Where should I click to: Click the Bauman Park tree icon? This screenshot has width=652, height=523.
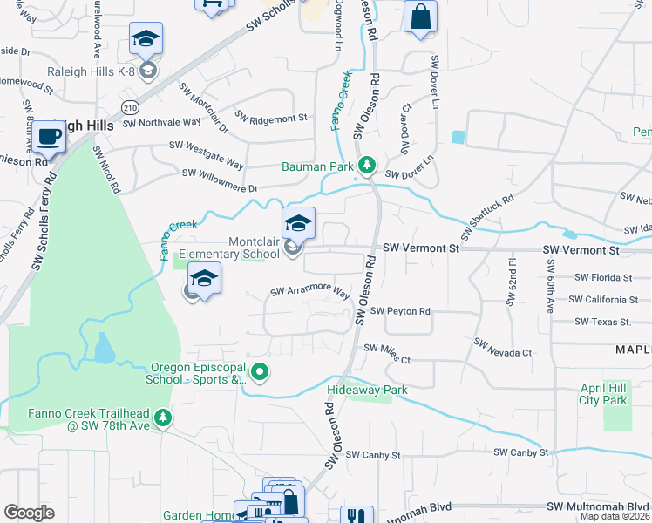pos(368,164)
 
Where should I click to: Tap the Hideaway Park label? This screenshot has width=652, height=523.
pos(367,391)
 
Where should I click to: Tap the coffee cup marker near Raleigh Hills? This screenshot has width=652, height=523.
pos(49,137)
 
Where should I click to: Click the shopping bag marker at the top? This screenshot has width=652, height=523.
pos(420,17)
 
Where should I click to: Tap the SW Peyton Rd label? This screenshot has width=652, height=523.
pos(400,311)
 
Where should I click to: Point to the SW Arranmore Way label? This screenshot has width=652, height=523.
pos(309,293)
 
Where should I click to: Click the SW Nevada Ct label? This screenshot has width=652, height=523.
pos(502,348)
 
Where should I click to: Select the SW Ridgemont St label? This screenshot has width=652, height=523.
pos(271,118)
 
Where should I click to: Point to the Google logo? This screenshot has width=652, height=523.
pos(29,513)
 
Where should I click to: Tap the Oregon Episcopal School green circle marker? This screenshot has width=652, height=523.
pos(260,373)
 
